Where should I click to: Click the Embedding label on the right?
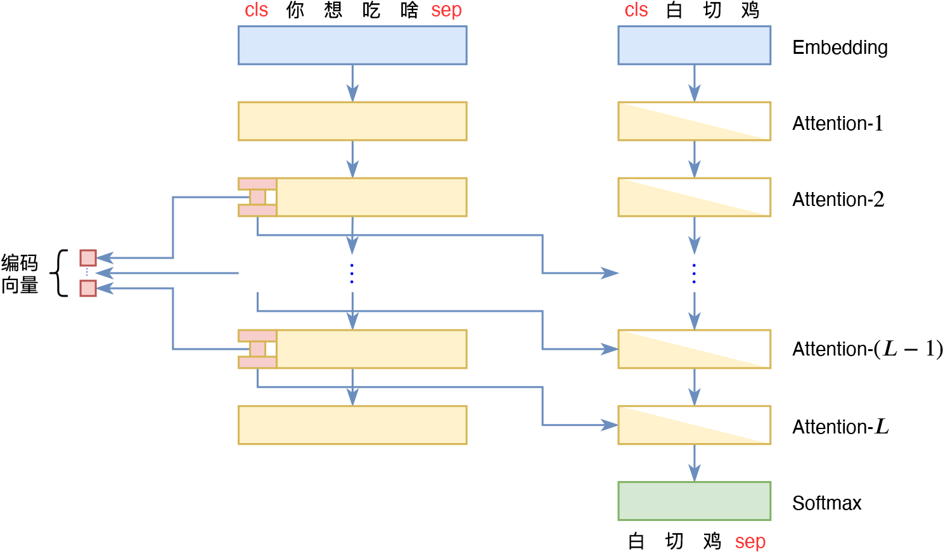(x=840, y=48)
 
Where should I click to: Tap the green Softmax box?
(x=694, y=501)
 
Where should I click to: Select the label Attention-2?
(x=838, y=200)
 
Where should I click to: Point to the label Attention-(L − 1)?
(x=867, y=349)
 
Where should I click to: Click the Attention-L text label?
(x=840, y=427)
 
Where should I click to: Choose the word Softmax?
(x=826, y=503)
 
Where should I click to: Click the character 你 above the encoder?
(x=295, y=10)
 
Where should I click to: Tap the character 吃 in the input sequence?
(x=371, y=10)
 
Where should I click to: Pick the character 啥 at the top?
(x=409, y=10)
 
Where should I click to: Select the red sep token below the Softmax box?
(x=750, y=542)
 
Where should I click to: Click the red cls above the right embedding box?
(x=636, y=10)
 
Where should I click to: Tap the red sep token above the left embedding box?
(x=446, y=10)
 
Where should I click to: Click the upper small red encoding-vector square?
(x=88, y=257)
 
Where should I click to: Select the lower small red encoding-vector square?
(x=88, y=288)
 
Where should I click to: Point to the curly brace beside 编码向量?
(x=60, y=273)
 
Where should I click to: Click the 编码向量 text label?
(x=20, y=274)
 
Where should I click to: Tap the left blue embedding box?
(x=352, y=45)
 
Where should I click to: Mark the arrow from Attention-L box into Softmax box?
(x=695, y=463)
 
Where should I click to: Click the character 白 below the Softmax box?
(x=636, y=542)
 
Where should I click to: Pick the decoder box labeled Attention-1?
(x=694, y=121)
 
